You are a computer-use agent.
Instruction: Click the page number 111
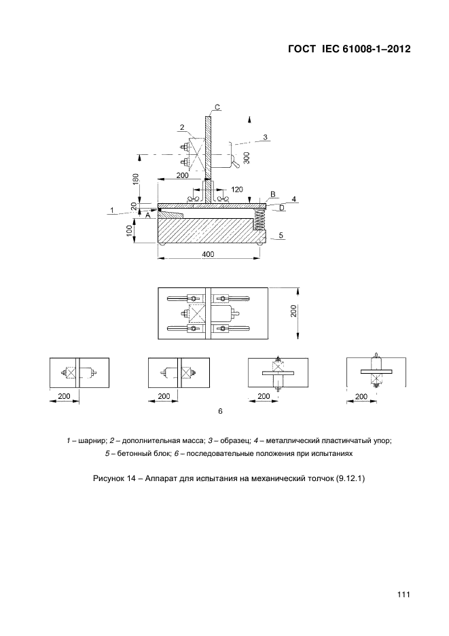click(x=403, y=595)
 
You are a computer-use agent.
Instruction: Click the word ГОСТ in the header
click(x=302, y=49)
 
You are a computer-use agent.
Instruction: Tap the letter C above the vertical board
click(x=217, y=107)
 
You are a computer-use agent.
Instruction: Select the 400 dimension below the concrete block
click(x=208, y=254)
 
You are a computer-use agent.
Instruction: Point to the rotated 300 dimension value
click(x=247, y=158)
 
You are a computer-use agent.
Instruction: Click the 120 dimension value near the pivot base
click(x=237, y=190)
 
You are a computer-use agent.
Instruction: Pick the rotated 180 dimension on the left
click(x=135, y=179)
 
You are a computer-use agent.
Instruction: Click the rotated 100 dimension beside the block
click(x=129, y=231)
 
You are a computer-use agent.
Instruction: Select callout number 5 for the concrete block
click(x=281, y=235)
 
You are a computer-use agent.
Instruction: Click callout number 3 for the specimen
click(x=266, y=137)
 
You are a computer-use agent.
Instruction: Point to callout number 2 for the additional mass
click(x=182, y=127)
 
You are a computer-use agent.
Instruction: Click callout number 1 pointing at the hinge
click(x=112, y=211)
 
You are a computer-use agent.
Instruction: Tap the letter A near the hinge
click(x=148, y=216)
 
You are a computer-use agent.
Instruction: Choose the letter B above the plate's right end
click(x=272, y=194)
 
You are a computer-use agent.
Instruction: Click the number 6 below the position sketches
click(x=220, y=411)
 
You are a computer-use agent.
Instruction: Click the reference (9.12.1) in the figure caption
click(x=351, y=478)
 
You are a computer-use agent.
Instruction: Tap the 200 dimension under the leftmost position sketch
click(x=64, y=396)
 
